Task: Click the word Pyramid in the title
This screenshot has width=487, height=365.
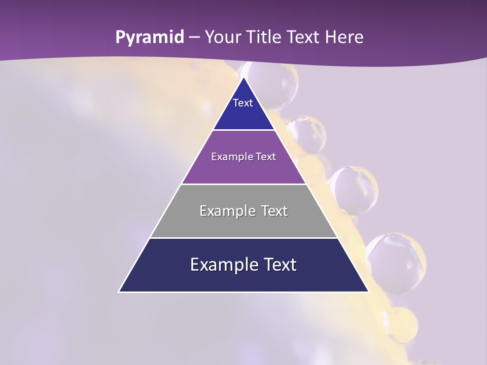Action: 150,38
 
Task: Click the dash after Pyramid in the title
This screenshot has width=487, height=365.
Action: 194,38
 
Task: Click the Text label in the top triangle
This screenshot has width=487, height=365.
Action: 243,103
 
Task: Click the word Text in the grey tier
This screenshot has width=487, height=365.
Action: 274,211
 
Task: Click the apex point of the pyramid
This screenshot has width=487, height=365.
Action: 243,77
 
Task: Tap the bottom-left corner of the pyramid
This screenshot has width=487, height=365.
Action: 119,291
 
